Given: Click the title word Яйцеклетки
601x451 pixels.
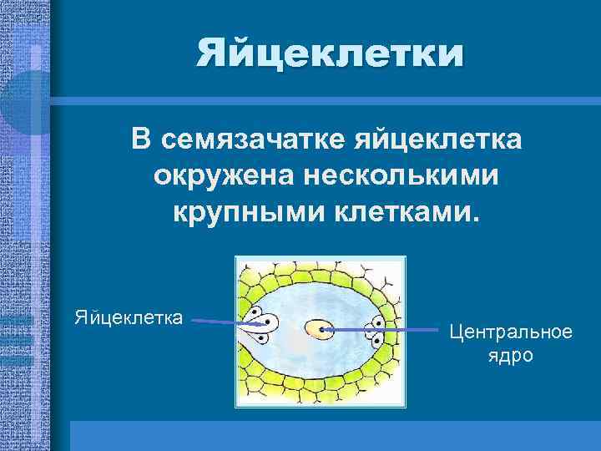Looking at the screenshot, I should pyautogui.click(x=329, y=54).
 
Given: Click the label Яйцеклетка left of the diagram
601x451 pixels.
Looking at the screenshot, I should pyautogui.click(x=129, y=317).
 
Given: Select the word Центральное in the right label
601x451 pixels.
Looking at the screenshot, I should pyautogui.click(x=511, y=332).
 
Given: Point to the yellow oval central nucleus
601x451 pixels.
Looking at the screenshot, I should pyautogui.click(x=317, y=331).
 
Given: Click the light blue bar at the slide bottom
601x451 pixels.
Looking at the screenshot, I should pyautogui.click(x=334, y=435).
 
